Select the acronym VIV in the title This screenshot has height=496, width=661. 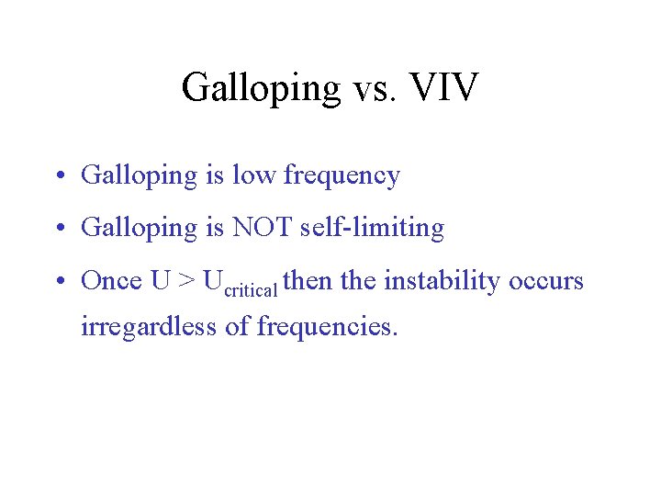coord(444,87)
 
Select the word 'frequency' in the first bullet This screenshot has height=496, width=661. coord(342,176)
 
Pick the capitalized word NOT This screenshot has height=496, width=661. coord(265,227)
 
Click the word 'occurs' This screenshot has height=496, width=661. coord(547,281)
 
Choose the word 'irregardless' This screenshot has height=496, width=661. coord(149,326)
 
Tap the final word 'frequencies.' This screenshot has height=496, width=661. coord(328,327)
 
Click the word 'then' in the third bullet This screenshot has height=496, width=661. coord(308,280)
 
